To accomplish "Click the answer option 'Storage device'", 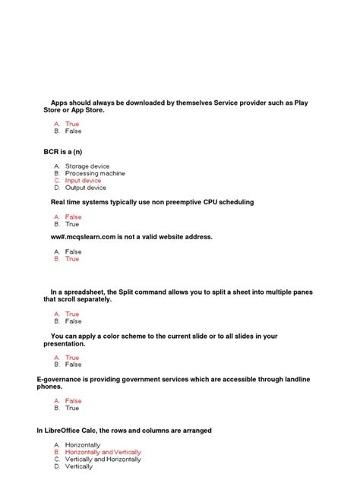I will point(87,166).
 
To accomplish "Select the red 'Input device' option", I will point(83,181).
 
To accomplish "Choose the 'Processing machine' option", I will point(95,174).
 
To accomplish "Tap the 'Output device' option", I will point(86,188).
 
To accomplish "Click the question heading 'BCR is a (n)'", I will point(62,152).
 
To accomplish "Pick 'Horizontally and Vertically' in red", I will point(103,452).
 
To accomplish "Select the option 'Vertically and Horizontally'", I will point(103,459).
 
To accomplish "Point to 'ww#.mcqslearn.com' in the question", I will point(83,237).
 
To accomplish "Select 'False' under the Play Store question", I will point(73,131).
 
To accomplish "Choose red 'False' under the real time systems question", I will point(73,217).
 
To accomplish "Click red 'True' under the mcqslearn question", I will point(72,259).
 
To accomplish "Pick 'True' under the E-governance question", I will point(72,408).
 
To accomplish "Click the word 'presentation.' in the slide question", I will point(64,343).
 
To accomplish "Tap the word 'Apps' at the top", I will point(59,103).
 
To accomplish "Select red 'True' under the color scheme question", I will point(72,358).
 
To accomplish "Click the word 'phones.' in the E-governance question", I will point(50,387).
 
